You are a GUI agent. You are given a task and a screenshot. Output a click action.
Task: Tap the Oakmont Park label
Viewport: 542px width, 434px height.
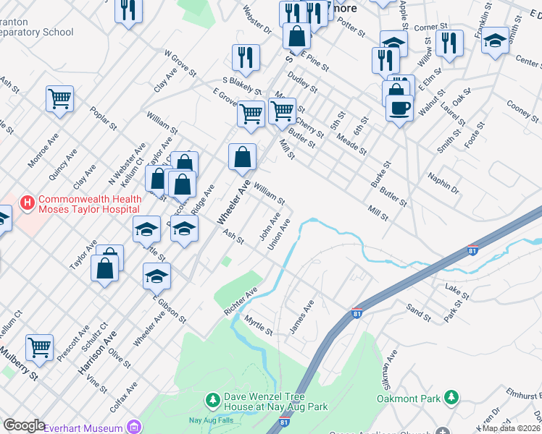409,399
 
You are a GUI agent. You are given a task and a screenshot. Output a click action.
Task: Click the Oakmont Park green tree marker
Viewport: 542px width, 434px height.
451,397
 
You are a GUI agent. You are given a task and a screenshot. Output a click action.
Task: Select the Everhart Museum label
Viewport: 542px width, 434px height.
83,428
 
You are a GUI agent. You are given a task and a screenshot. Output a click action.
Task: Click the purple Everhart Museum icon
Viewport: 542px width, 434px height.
133,426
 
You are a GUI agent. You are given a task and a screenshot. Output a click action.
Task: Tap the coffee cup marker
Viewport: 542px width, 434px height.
399,109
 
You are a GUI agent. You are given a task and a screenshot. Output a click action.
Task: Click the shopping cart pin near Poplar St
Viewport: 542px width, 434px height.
59,98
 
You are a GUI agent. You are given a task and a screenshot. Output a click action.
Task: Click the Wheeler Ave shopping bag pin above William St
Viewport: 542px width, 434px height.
242,156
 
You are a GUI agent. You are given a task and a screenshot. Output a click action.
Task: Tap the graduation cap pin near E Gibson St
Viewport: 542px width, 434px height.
157,276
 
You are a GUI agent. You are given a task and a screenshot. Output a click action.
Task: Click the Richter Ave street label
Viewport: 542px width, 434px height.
241,302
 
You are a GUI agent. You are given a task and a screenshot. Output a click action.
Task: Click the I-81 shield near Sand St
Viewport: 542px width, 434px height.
357,312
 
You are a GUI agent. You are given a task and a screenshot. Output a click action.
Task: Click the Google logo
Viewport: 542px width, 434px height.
24,426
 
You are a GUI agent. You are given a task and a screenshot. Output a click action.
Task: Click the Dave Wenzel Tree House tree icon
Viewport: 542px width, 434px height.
212,399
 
